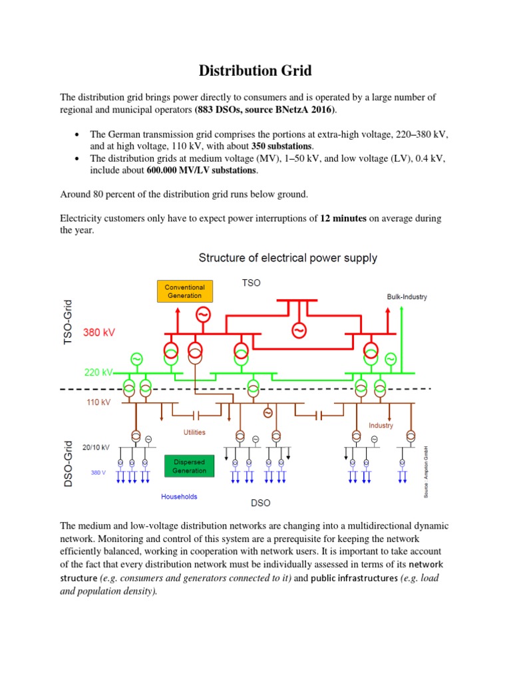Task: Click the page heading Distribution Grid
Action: coord(255,71)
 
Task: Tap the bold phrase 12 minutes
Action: coord(343,218)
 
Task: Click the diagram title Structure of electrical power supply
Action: coord(288,257)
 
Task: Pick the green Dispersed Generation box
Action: coord(190,466)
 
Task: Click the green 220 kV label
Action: coord(98,372)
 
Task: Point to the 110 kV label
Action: coord(97,402)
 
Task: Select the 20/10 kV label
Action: coord(96,448)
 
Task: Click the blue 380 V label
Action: coord(98,473)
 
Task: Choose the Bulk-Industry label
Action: coord(407,297)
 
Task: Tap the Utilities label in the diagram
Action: coord(194,432)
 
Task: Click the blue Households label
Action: coord(179,496)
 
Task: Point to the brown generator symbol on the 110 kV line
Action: coord(267,413)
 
